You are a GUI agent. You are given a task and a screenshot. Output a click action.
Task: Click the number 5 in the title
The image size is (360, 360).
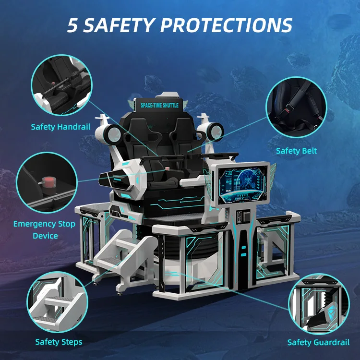point(72,25)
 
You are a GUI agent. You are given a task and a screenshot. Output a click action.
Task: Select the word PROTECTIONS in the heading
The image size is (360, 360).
point(231,25)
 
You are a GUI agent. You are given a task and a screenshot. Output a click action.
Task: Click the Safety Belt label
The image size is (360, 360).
point(296,151)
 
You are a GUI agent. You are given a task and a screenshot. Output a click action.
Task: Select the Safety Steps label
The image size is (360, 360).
point(59,342)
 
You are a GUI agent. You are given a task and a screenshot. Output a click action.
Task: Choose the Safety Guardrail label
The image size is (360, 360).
point(318,342)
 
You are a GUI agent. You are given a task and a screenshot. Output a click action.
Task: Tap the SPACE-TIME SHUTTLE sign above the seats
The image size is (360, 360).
point(159,105)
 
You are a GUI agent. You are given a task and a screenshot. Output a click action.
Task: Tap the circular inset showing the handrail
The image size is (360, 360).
point(60,85)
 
